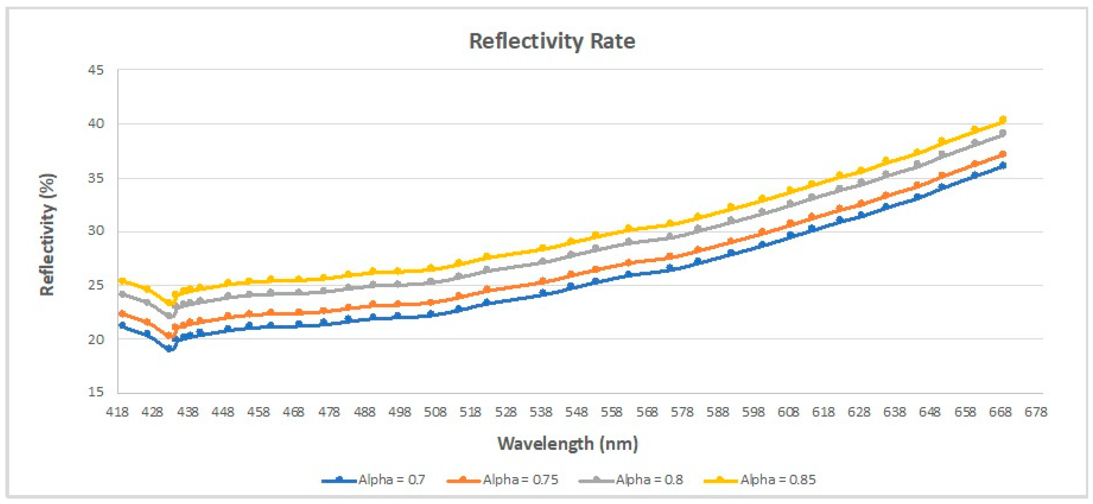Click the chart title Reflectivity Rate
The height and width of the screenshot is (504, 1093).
pyautogui.click(x=552, y=41)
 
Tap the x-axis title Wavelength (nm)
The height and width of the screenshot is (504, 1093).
pyautogui.click(x=568, y=444)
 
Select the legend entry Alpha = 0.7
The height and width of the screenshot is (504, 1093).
pyautogui.click(x=373, y=480)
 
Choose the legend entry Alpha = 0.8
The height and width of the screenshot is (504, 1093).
pyautogui.click(x=630, y=480)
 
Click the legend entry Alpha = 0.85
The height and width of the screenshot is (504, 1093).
pyautogui.click(x=760, y=480)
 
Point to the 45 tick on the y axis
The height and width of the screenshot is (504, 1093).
pyautogui.click(x=96, y=70)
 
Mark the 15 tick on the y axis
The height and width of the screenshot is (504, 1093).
pyautogui.click(x=96, y=392)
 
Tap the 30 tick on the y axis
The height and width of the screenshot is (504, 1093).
pyautogui.click(x=96, y=231)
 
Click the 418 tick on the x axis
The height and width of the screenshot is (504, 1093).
pyautogui.click(x=117, y=412)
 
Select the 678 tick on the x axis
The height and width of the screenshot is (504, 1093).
pyautogui.click(x=1036, y=412)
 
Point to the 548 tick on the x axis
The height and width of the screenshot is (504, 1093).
pyautogui.click(x=576, y=412)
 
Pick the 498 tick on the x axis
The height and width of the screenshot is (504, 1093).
pyautogui.click(x=400, y=412)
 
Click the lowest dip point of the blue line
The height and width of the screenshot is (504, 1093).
pyautogui.click(x=169, y=349)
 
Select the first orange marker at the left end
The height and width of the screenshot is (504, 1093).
pyautogui.click(x=122, y=314)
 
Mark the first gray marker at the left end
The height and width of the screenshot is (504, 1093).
pyautogui.click(x=122, y=293)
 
